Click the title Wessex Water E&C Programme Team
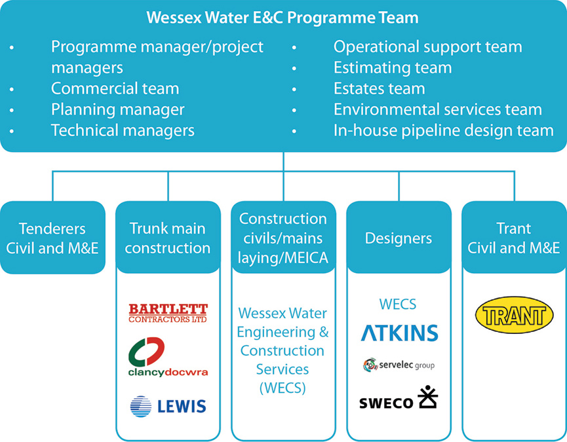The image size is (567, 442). [283, 17]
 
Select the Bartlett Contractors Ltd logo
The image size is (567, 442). [168, 313]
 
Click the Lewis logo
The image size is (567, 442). [168, 406]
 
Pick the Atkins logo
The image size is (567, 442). [399, 333]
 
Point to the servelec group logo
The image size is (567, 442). [399, 365]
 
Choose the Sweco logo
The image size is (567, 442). [399, 398]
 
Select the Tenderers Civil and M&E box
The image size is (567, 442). [52, 238]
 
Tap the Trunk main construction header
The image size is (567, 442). [168, 238]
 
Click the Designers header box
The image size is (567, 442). [399, 238]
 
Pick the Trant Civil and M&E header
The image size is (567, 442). [515, 238]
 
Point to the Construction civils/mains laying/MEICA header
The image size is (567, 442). [283, 238]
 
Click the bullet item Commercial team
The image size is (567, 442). [115, 88]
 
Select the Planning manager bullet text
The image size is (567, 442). [118, 109]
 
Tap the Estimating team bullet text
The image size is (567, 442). [392, 67]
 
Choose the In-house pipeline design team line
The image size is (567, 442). [443, 130]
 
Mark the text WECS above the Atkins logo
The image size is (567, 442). [397, 304]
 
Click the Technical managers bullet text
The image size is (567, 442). [123, 130]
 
